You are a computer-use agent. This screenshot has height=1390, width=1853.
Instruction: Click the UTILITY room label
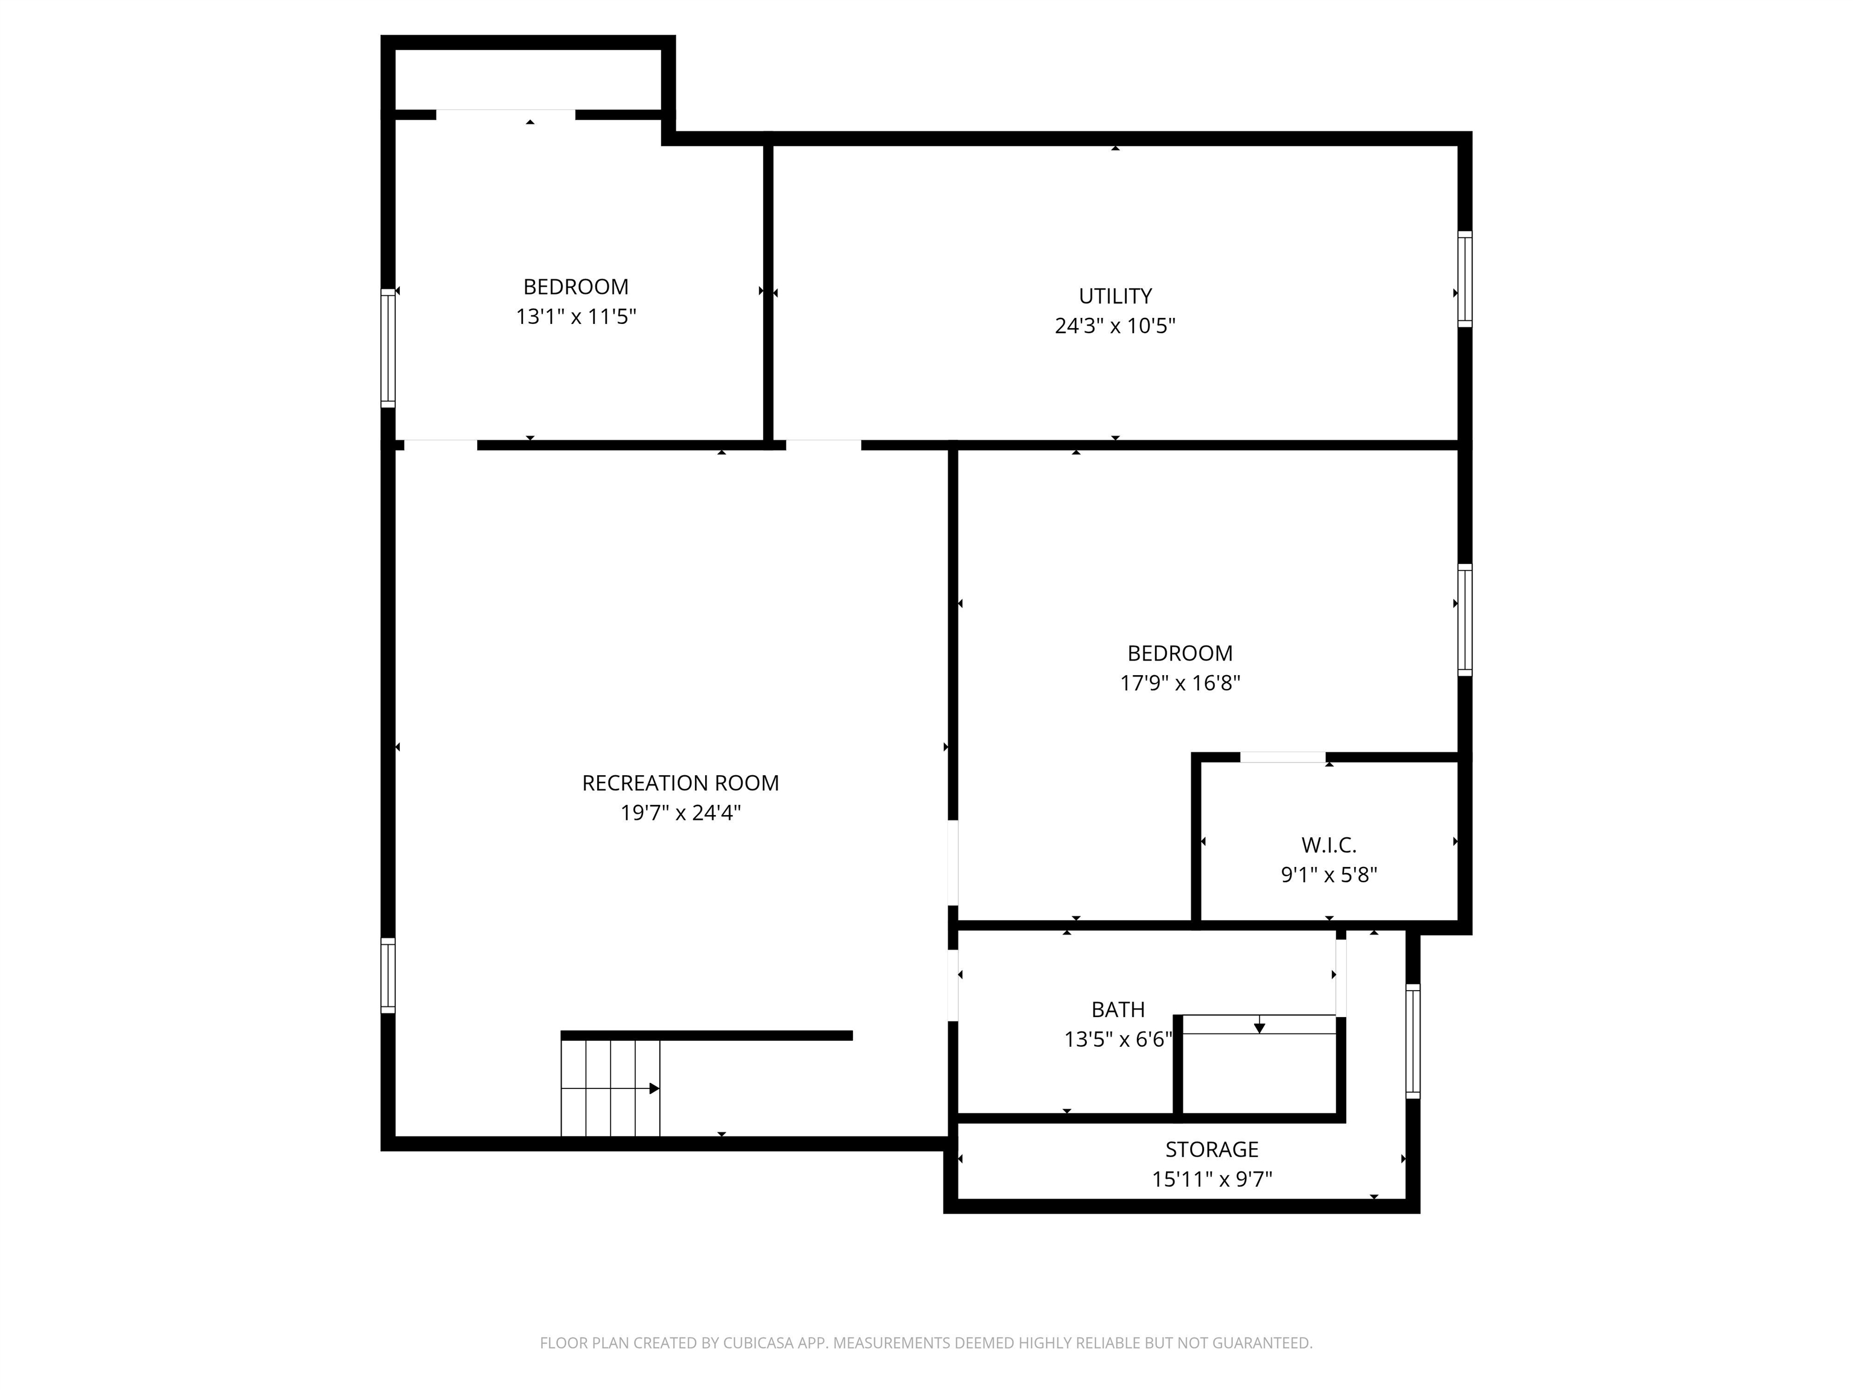pyautogui.click(x=1115, y=296)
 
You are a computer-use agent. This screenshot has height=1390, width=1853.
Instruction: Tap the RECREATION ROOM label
pyautogui.click(x=680, y=782)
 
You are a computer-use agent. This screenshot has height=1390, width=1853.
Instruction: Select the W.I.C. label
pyautogui.click(x=1329, y=845)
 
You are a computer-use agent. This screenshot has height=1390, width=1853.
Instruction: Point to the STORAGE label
pyautogui.click(x=1211, y=1149)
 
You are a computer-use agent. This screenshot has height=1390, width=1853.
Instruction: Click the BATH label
pyautogui.click(x=1118, y=1009)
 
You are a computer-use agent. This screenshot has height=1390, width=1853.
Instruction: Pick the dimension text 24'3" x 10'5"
pyautogui.click(x=1115, y=325)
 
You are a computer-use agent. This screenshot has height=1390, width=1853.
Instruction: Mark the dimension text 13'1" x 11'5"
pyautogui.click(x=575, y=316)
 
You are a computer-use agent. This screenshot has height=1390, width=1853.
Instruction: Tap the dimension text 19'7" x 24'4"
pyautogui.click(x=680, y=812)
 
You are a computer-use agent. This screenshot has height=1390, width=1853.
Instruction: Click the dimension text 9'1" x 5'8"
pyautogui.click(x=1329, y=874)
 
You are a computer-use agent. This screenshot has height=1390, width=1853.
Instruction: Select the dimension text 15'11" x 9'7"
pyautogui.click(x=1211, y=1179)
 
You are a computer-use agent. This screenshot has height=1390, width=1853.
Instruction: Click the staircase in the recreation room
pyautogui.click(x=610, y=1088)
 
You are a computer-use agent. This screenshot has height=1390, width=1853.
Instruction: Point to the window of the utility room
pyautogui.click(x=1465, y=279)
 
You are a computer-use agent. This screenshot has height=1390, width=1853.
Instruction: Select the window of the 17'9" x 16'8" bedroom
pyautogui.click(x=1465, y=620)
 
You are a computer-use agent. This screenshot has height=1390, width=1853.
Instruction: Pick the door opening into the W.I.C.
pyautogui.click(x=1282, y=757)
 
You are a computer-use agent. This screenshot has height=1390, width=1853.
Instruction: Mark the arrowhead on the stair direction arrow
pyautogui.click(x=655, y=1088)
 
